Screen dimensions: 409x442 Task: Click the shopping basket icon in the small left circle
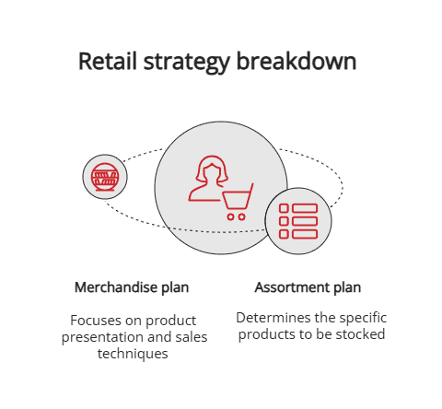(105, 176)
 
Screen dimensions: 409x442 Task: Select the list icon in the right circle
(297, 222)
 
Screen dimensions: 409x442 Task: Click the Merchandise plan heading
(132, 287)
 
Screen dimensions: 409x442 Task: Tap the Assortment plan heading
(308, 287)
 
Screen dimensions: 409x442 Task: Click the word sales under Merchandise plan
(191, 337)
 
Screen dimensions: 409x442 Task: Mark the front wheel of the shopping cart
(229, 217)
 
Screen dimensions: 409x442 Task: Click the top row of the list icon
(297, 209)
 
